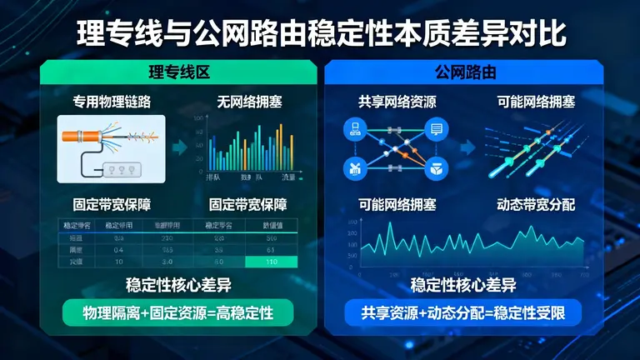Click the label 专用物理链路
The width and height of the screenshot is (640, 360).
tap(112, 102)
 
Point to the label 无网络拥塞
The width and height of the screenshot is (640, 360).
tap(249, 102)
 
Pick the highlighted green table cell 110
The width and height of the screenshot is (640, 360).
tap(270, 262)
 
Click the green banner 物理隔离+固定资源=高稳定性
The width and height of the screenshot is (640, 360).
tap(177, 313)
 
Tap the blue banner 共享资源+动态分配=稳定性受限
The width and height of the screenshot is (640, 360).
tap(463, 313)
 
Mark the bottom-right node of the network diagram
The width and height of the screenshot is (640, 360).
tap(435, 169)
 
